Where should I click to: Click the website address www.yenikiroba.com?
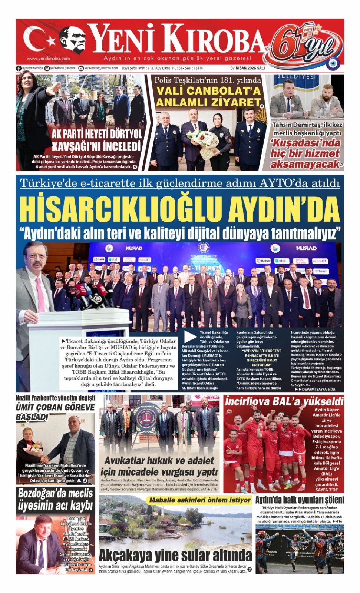tap(48, 59)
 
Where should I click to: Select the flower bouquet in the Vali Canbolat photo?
tap(204, 141)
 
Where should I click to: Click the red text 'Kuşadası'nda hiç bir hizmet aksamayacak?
tap(305, 153)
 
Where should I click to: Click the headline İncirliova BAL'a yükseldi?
tap(284, 401)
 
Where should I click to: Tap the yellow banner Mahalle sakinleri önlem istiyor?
tap(200, 500)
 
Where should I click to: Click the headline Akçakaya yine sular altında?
tap(175, 556)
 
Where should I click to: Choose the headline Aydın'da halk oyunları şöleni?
tap(300, 500)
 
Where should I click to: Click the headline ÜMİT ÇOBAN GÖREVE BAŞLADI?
tap(55, 412)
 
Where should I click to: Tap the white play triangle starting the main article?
tap(190, 336)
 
